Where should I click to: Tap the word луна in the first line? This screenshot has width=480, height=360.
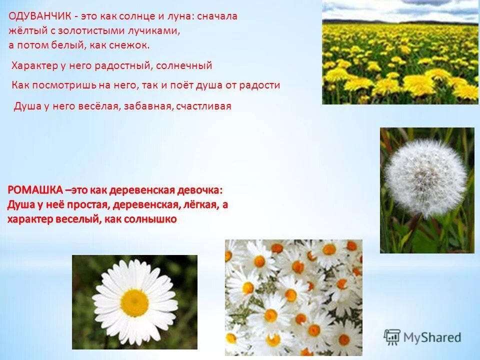coord(181,16)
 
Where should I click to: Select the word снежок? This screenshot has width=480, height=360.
coord(133,45)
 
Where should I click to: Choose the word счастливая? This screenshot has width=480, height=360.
coord(205,106)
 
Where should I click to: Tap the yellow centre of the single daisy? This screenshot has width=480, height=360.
coord(134,302)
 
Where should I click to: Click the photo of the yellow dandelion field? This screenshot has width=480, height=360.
coord(400,52)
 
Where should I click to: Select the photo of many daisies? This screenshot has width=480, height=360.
coord(293,297)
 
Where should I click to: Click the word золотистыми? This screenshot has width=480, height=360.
coord(82,30)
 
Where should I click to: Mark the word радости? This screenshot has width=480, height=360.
coord(260,85)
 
